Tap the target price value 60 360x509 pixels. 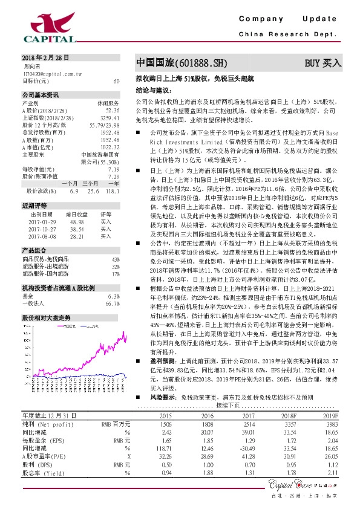(x=116, y=80)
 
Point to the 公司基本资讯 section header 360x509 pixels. (x=41, y=95)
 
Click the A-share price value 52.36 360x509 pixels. (x=113, y=111)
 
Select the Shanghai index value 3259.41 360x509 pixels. (x=110, y=118)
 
